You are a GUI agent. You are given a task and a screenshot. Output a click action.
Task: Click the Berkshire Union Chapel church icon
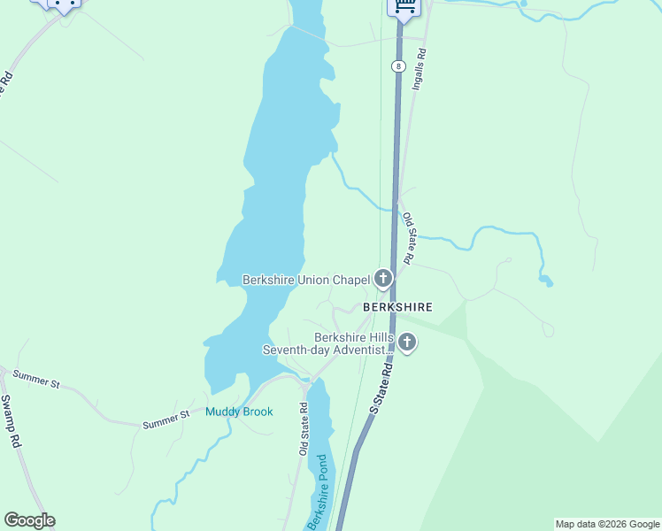[x=383, y=280]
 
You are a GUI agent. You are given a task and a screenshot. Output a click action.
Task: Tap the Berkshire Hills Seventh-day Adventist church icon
[x=407, y=342]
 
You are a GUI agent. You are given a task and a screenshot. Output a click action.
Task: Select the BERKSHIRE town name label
[x=397, y=307]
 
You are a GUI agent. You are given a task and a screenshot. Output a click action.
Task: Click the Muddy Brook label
[x=239, y=412]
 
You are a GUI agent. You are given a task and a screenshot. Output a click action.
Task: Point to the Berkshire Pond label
[x=318, y=493]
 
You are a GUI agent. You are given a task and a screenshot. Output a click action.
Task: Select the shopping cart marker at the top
[x=404, y=6]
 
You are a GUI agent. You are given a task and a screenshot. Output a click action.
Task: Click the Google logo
[x=29, y=520]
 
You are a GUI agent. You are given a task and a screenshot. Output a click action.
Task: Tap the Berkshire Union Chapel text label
[x=306, y=280]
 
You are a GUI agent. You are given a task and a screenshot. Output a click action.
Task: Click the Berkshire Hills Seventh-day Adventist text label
[x=327, y=343]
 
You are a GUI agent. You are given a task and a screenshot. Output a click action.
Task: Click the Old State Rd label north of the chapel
[x=408, y=238]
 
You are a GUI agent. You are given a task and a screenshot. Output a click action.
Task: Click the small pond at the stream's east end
[x=546, y=281]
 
